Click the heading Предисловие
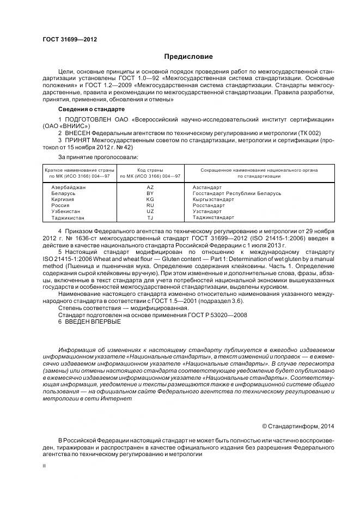(x=188, y=57)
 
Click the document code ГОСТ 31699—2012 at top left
(x=66, y=40)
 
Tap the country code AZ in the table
(x=150, y=187)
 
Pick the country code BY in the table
(x=150, y=193)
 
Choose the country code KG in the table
(x=150, y=199)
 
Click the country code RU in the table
(x=150, y=205)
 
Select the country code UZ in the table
(x=150, y=211)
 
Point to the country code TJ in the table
(x=150, y=217)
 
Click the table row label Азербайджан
(x=68, y=187)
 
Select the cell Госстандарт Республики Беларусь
(x=237, y=193)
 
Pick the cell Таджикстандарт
(x=213, y=217)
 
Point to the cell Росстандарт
(x=209, y=205)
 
